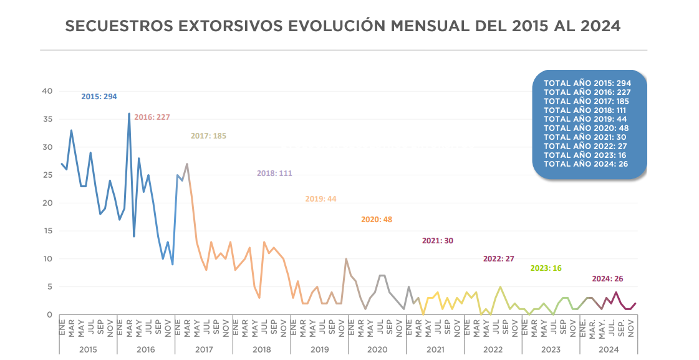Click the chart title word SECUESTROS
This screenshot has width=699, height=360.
click(x=119, y=26)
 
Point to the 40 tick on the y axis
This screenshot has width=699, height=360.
click(x=47, y=91)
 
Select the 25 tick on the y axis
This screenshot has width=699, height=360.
click(x=47, y=175)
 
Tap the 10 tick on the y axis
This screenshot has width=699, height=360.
click(x=47, y=259)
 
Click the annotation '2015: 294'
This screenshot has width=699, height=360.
click(x=99, y=97)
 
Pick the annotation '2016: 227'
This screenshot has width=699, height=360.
click(x=152, y=117)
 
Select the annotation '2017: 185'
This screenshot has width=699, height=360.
click(x=208, y=136)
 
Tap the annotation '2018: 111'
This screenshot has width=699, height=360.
click(x=274, y=173)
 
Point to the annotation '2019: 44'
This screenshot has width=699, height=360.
click(x=321, y=199)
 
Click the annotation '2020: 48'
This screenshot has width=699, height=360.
click(x=377, y=220)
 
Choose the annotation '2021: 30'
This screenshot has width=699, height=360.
click(x=438, y=240)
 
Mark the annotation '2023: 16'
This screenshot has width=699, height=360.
click(x=546, y=268)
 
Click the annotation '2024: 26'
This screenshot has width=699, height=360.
click(x=608, y=279)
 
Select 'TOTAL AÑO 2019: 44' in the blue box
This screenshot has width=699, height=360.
click(x=585, y=119)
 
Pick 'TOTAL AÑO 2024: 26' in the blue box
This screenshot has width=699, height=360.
click(x=585, y=163)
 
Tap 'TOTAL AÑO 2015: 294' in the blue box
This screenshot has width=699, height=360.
click(x=587, y=83)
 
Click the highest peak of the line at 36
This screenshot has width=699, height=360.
click(x=129, y=114)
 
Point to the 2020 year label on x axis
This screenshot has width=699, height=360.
click(x=377, y=349)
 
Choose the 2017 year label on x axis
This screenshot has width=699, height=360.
click(x=204, y=349)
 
